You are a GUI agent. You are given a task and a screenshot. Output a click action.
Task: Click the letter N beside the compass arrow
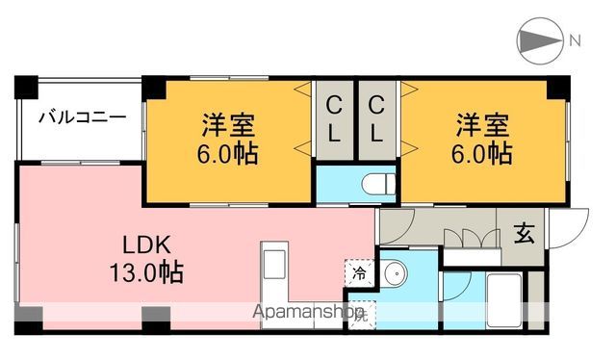point(575,40)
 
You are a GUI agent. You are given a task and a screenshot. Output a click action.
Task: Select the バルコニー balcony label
point(82,118)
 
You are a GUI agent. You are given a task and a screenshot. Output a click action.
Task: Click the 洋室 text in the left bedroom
point(228,126)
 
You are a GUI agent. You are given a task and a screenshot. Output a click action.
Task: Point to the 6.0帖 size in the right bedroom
point(483,153)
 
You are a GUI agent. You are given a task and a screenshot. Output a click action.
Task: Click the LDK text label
point(147,243)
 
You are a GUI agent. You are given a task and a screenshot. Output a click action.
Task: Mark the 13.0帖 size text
point(146,271)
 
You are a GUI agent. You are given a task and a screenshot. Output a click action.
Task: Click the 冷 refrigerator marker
point(358,271)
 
